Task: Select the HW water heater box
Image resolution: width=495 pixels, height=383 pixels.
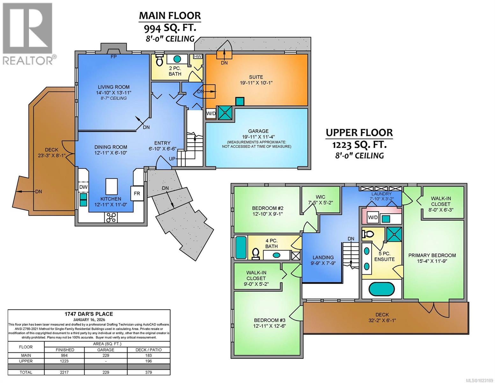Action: (198, 56)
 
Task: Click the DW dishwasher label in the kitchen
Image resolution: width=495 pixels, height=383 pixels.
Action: (83, 187)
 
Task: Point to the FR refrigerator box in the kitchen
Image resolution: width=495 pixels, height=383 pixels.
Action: (137, 193)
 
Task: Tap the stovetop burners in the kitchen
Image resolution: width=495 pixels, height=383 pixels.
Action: (111, 218)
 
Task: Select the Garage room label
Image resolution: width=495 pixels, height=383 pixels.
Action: (258, 131)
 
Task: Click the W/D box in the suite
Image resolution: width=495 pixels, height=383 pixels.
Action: (210, 113)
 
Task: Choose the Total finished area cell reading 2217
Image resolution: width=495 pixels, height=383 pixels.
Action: (64, 372)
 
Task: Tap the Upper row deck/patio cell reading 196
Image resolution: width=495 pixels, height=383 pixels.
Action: (149, 361)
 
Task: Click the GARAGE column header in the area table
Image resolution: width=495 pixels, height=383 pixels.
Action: (106, 349)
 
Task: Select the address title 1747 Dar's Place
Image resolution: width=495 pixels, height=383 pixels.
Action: (89, 314)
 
